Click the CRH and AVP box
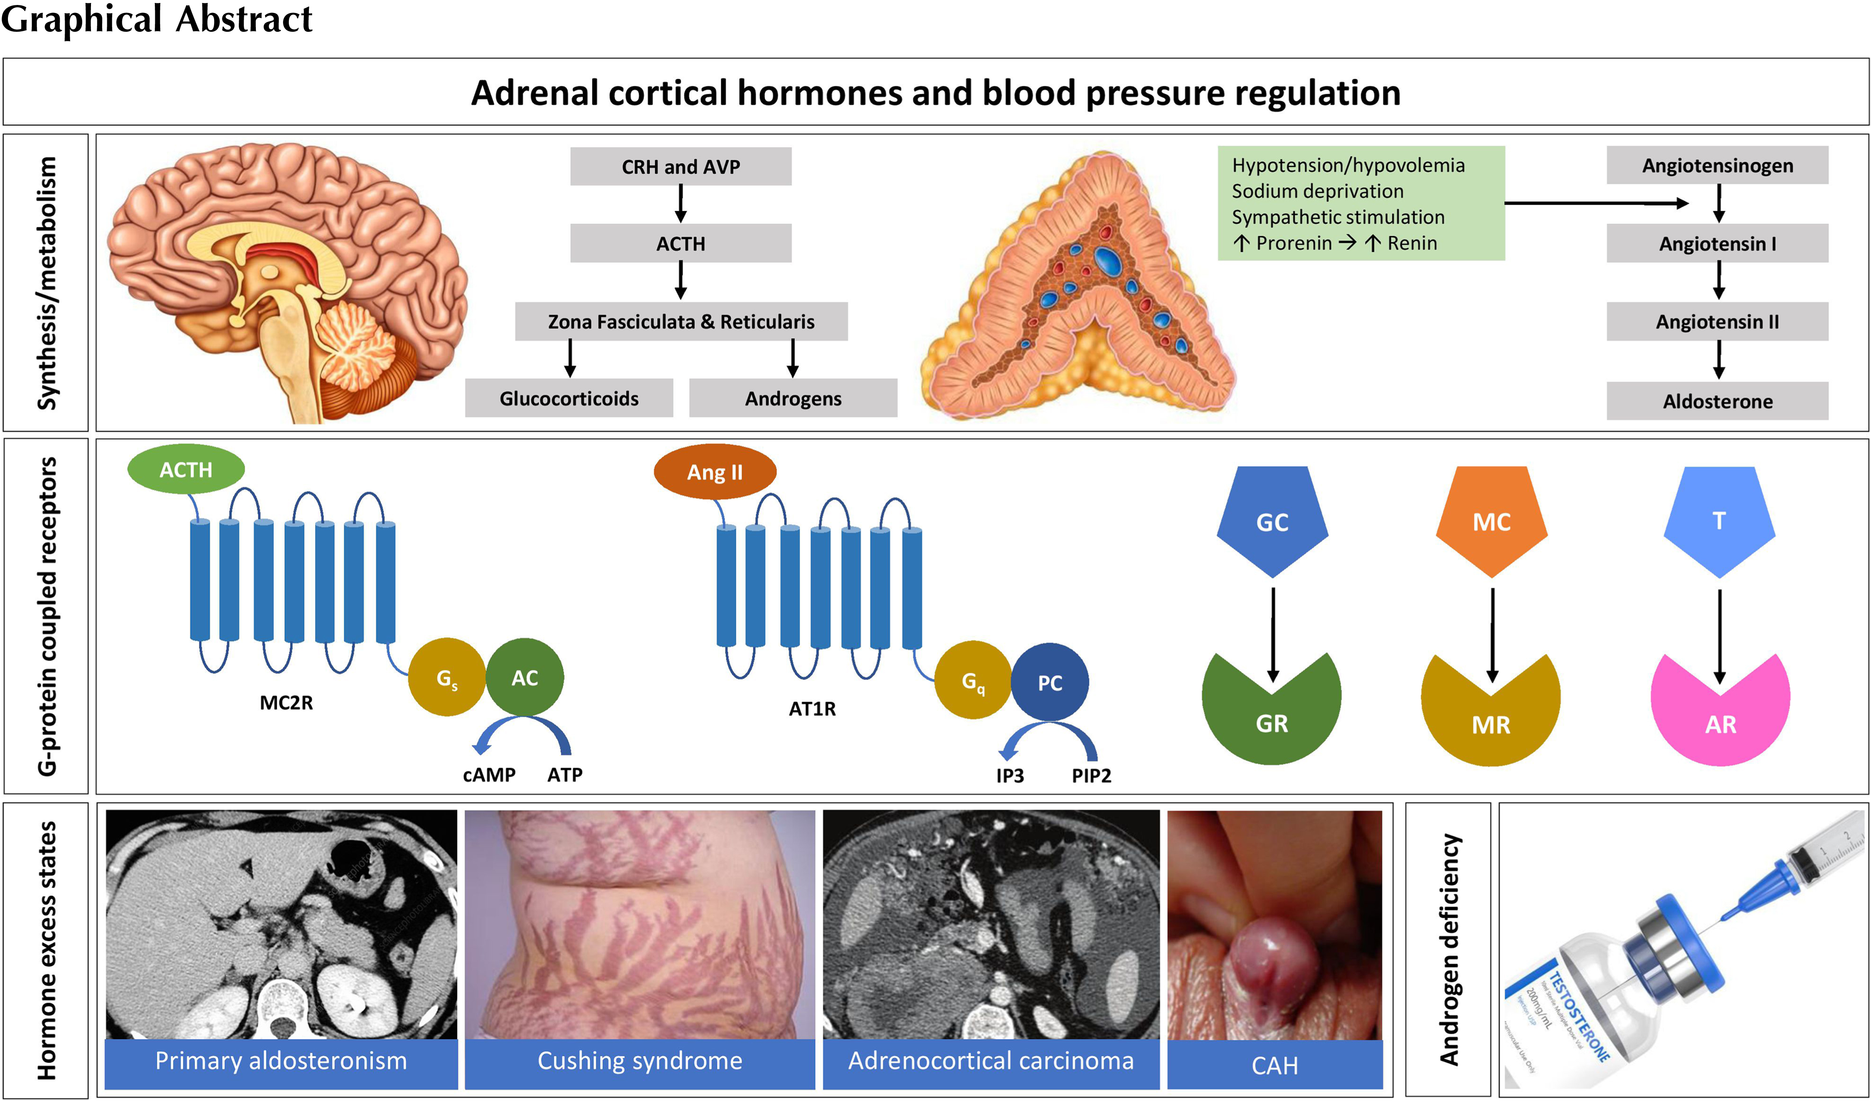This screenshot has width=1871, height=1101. pos(680,166)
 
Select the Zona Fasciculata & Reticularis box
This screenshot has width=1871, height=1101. pos(681,322)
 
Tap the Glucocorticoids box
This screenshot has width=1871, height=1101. pos(569,399)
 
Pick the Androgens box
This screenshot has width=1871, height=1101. pos(793,399)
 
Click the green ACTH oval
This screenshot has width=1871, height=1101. pos(186,470)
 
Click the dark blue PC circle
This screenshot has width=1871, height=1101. pos(1049,682)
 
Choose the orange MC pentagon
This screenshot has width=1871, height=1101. pos(1491,520)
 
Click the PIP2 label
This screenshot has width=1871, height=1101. pos(1091,776)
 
